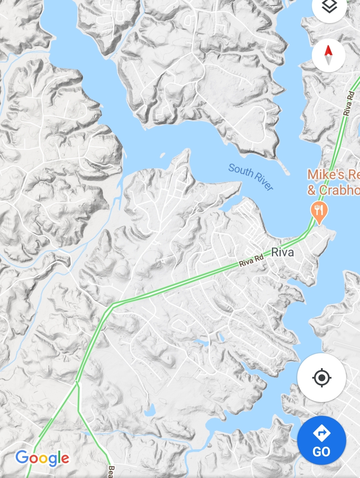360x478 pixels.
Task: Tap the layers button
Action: (329, 7)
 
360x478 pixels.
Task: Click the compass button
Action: (328, 56)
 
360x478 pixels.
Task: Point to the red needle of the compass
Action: (328, 50)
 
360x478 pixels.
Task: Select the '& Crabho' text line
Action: (333, 190)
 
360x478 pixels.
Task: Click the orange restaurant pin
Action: (319, 211)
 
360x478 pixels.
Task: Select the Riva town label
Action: (283, 252)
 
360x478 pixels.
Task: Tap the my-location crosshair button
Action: (321, 378)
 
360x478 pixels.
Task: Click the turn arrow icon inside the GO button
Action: (321, 433)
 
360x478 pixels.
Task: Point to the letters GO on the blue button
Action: (321, 452)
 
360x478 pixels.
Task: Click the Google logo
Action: (42, 458)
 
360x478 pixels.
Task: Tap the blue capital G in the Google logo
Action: (22, 457)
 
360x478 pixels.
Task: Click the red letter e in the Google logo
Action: (65, 459)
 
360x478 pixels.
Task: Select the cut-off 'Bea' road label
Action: (111, 472)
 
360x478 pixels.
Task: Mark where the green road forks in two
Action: (77, 382)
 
